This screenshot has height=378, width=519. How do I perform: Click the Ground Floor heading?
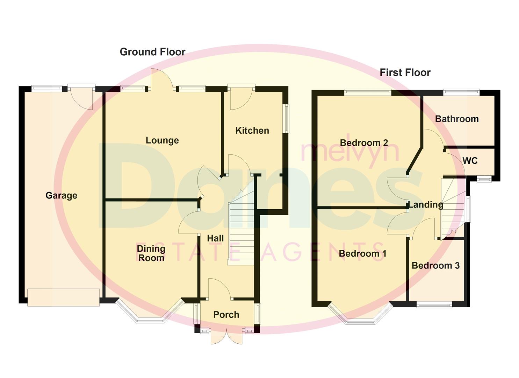152,52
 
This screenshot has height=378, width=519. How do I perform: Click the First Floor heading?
405,72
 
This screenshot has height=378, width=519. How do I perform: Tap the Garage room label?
61,195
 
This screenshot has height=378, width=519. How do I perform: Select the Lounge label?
162,140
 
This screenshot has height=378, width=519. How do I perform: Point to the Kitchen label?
252,131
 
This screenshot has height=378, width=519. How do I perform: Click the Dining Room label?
151,253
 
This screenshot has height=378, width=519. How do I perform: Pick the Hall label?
215,238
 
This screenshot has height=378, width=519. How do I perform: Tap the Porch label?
226,315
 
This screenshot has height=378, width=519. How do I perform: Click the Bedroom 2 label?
364,143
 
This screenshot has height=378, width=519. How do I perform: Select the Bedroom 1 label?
362,253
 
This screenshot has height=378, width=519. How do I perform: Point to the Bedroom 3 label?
435,266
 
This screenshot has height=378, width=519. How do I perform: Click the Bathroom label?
457,119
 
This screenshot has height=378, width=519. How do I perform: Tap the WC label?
470,161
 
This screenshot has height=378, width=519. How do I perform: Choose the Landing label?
426,205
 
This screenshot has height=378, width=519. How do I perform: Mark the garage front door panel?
63,297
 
